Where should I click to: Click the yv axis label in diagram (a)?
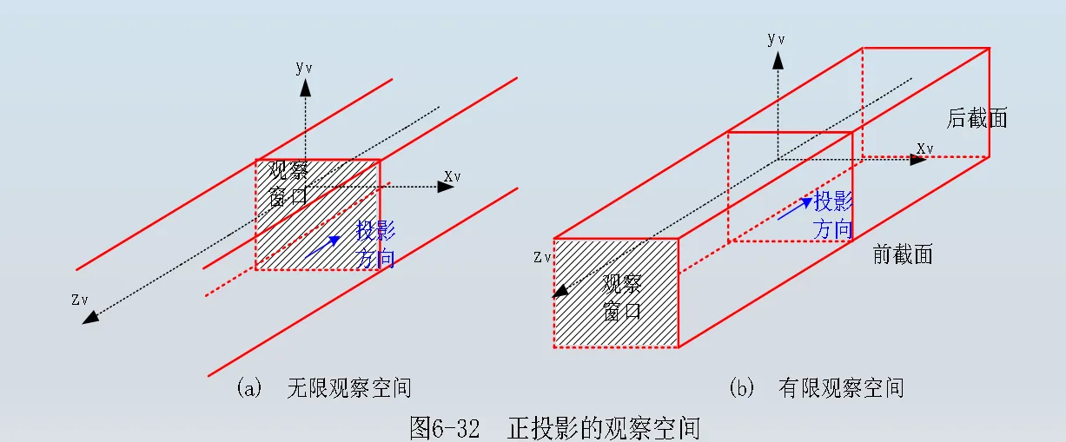(x=303, y=66)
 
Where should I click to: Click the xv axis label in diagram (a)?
(x=452, y=177)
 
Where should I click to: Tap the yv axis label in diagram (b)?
(x=776, y=39)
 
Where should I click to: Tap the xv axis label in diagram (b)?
(x=925, y=148)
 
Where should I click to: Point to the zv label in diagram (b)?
(x=542, y=257)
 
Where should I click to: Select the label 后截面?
(x=977, y=119)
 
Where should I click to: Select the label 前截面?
(x=903, y=254)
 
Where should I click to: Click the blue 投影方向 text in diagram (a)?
(x=376, y=244)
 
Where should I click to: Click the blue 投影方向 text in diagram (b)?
(x=832, y=215)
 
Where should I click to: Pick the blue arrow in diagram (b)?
(x=794, y=209)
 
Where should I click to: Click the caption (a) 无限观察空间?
(x=323, y=388)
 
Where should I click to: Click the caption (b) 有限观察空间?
(x=816, y=388)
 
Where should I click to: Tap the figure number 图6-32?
(x=444, y=428)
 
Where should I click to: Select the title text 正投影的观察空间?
(x=603, y=428)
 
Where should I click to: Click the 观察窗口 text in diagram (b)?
(x=622, y=297)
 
